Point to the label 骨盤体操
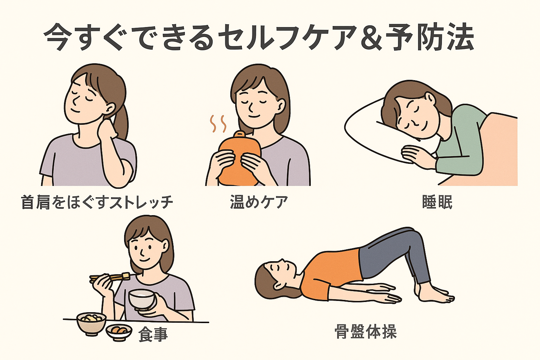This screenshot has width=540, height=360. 366,332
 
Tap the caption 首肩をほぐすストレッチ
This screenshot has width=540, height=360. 97,202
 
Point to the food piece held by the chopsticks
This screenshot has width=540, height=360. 126,276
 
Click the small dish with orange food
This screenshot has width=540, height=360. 119,332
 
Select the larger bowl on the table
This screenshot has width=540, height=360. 91,324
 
